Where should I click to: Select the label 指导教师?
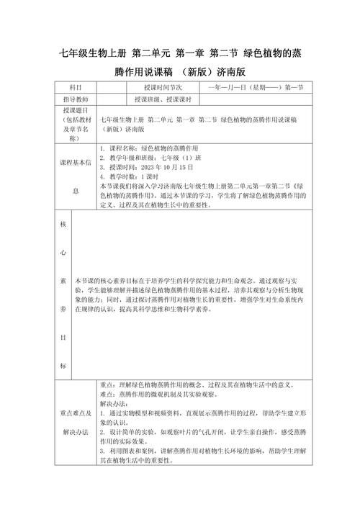tap(76, 99)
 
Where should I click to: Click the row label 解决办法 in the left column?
tap(76, 431)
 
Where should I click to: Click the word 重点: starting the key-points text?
tap(109, 384)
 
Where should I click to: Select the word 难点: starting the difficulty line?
tap(109, 395)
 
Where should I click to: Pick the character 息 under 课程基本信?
tap(76, 192)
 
